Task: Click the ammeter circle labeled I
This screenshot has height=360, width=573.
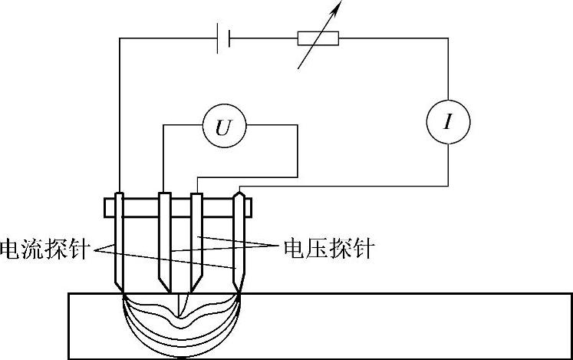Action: coord(447,122)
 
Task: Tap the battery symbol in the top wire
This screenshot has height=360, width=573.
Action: coord(222,39)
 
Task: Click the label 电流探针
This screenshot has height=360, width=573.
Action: coord(45,248)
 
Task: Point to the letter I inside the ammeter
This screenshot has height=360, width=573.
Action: coord(447,122)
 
